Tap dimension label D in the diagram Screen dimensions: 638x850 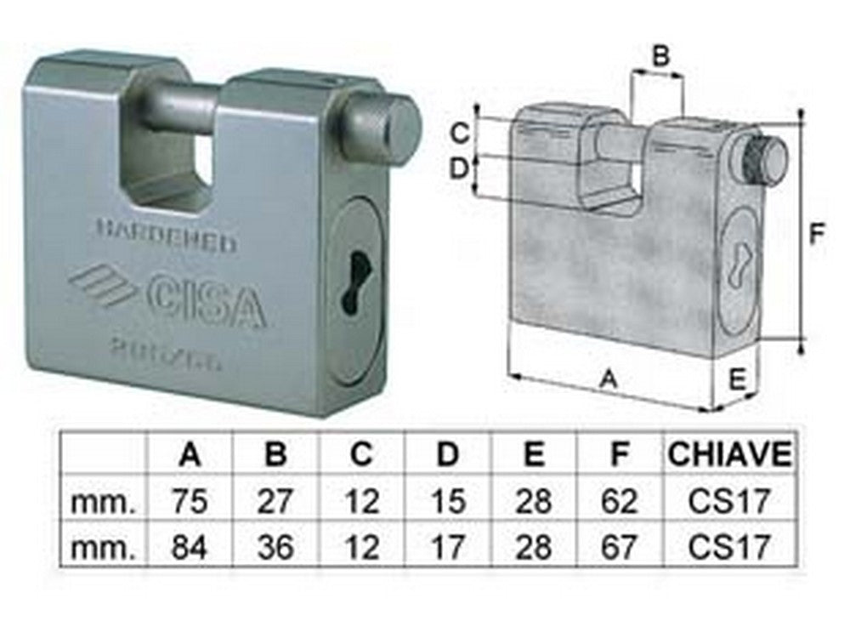tap(459, 168)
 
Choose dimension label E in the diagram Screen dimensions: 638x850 tap(738, 375)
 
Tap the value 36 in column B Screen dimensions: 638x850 tap(275, 545)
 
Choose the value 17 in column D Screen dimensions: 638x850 tap(447, 545)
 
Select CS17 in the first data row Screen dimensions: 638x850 tap(729, 501)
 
